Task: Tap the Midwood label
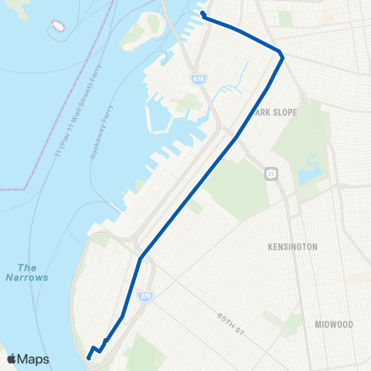pos(334,324)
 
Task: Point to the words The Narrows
pos(27,272)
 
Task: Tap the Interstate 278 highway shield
pos(145,294)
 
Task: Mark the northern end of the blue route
pos(203,13)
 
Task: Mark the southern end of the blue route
pos(89,357)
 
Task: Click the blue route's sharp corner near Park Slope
pos(281,56)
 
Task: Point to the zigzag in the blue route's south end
pos(98,348)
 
